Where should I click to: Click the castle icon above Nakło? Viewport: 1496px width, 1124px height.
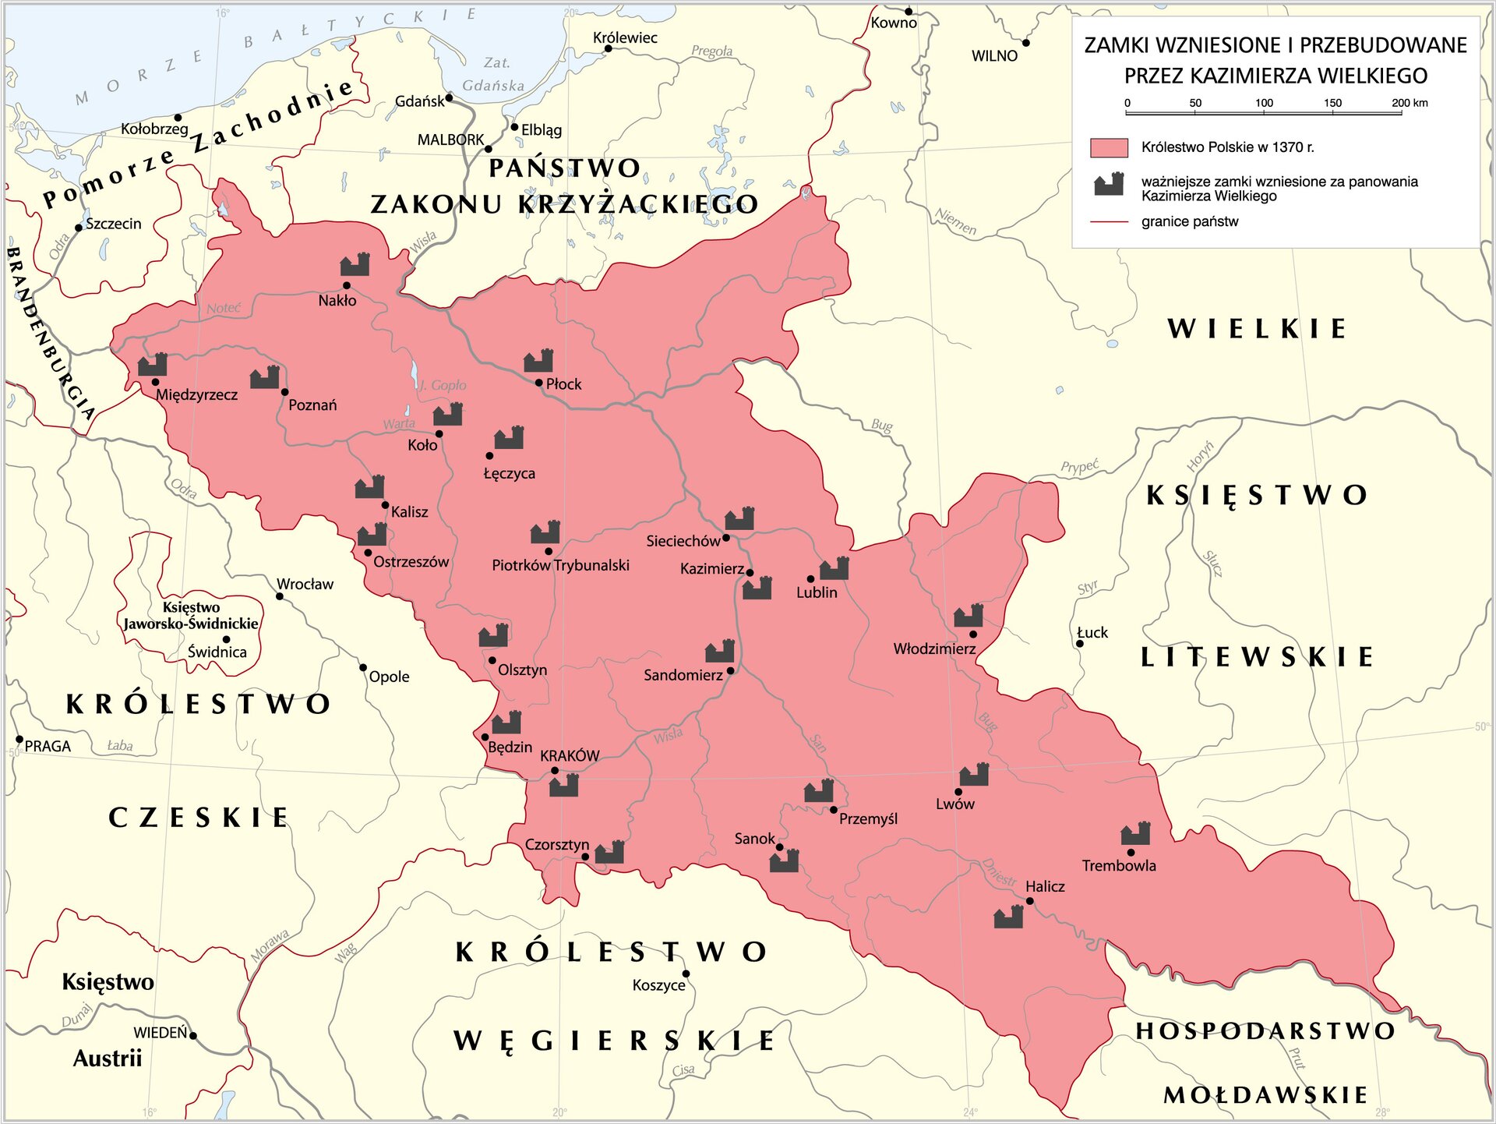point(355,265)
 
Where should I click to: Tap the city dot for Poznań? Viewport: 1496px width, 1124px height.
point(284,392)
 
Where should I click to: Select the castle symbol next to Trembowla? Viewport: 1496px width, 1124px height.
point(1136,834)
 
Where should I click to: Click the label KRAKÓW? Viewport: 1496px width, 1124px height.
point(570,755)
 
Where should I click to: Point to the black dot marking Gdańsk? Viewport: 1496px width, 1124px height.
point(449,98)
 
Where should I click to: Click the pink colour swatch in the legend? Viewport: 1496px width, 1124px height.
point(1109,147)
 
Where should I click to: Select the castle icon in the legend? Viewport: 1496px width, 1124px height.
point(1109,185)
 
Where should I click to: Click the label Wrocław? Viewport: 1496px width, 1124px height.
point(305,584)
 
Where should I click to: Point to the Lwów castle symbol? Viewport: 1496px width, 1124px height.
point(974,775)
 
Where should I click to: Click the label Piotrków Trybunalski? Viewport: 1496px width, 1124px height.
point(560,565)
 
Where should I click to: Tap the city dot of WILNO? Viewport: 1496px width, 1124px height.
point(1025,43)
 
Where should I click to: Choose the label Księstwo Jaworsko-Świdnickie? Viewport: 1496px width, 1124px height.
point(191,616)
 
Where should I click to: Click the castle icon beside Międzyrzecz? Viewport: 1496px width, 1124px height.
point(153,365)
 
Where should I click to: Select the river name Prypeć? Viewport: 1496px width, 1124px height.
point(1079,467)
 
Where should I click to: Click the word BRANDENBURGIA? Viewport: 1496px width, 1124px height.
point(51,335)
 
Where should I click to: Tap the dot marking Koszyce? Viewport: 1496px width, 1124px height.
point(686,974)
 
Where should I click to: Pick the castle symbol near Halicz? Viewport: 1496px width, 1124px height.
point(1008,917)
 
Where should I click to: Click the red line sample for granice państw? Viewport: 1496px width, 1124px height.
point(1109,222)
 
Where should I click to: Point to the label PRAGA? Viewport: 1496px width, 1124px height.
point(48,746)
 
